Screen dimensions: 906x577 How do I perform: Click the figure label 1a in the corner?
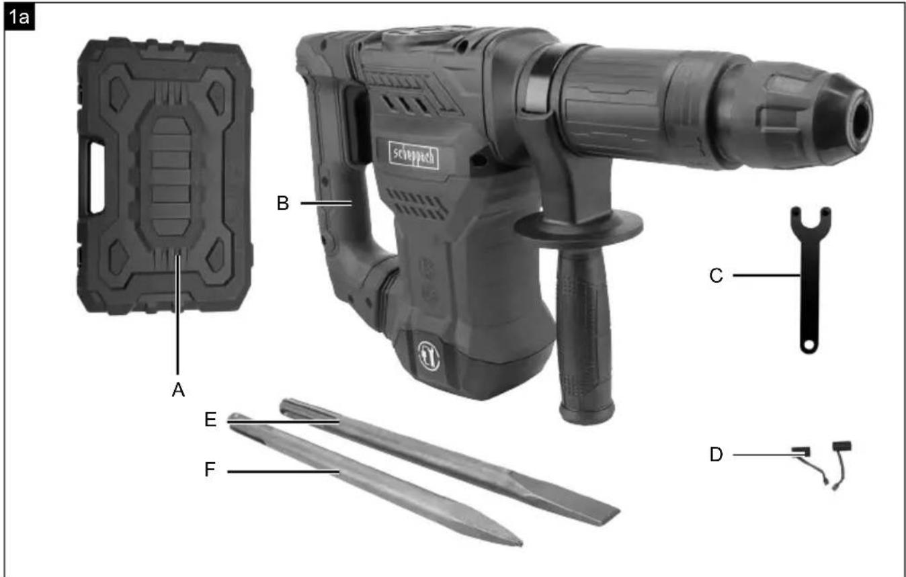click(19, 17)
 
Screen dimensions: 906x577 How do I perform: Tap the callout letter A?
click(178, 390)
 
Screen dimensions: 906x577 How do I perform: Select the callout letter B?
click(283, 203)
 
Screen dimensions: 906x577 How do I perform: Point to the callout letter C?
click(716, 276)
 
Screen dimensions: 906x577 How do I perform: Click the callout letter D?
click(716, 455)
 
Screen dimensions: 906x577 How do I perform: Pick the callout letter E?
click(210, 420)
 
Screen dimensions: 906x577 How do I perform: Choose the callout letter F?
click(210, 470)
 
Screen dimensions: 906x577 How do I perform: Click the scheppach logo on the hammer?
click(414, 155)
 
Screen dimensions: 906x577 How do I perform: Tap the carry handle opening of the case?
click(97, 177)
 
